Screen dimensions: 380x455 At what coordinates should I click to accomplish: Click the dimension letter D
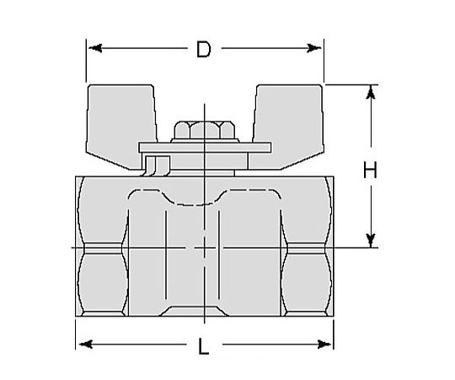203,49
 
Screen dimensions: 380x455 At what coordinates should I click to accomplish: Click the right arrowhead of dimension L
325,344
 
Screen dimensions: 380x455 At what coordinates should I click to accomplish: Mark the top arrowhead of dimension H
369,91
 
